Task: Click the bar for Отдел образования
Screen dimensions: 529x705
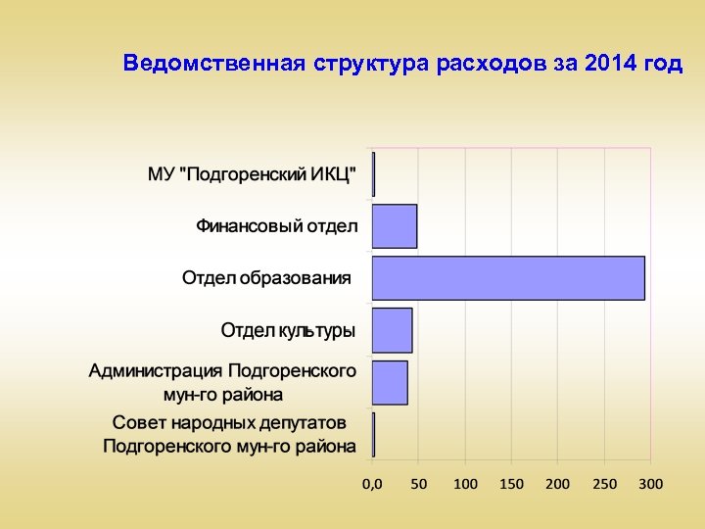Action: (x=508, y=278)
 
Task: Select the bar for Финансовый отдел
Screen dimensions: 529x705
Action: (x=395, y=226)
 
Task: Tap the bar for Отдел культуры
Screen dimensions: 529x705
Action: (x=393, y=330)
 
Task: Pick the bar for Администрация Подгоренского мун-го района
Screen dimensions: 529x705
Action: (x=390, y=382)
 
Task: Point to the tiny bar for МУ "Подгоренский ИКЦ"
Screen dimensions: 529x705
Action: (x=373, y=174)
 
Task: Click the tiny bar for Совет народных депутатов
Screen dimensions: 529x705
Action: (x=373, y=434)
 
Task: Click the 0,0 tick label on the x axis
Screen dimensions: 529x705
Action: (x=372, y=484)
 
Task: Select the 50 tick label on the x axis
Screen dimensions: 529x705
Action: (x=418, y=484)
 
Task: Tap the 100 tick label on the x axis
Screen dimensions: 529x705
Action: (x=465, y=484)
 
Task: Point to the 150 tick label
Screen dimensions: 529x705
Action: (x=511, y=484)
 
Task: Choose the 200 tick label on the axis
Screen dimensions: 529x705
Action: (x=558, y=484)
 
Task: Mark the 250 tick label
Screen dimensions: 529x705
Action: (x=604, y=484)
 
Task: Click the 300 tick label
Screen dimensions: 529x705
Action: (x=650, y=484)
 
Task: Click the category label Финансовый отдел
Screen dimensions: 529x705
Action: (x=277, y=226)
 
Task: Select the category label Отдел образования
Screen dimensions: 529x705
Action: (x=266, y=278)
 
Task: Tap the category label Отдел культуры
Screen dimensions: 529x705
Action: (x=288, y=330)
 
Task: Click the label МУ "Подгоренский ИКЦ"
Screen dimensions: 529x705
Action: (x=253, y=174)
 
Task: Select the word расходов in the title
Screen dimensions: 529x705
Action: (x=484, y=65)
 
